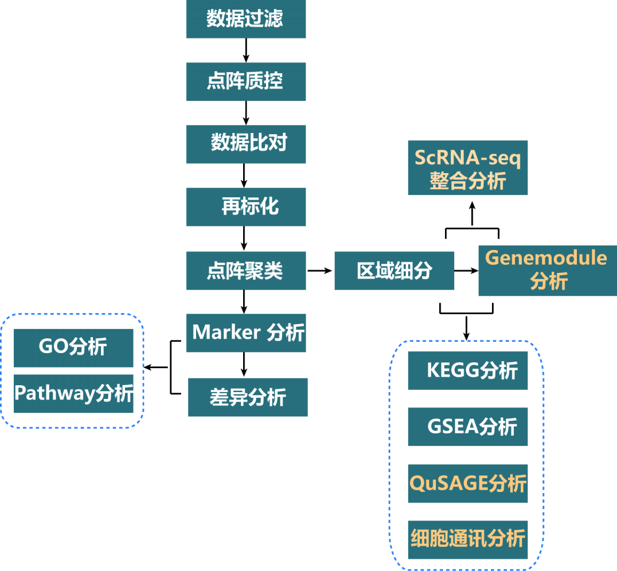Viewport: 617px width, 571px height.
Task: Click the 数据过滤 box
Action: pos(245,19)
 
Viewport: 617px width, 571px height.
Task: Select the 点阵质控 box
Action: pos(245,81)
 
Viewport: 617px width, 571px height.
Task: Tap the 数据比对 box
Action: pos(245,143)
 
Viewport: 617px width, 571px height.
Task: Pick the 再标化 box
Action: pos(245,206)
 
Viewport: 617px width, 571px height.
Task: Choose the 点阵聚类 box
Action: pos(245,270)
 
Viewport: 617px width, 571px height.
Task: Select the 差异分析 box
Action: pos(248,397)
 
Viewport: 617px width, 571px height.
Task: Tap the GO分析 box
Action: pos(73,347)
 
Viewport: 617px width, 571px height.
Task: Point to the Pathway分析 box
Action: pos(73,393)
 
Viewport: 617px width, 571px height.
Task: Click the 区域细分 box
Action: pos(394,270)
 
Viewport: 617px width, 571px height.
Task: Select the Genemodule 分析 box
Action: pos(548,270)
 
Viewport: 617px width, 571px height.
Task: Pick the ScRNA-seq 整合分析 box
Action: pos(467,167)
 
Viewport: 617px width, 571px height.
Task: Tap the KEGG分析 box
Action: pos(467,370)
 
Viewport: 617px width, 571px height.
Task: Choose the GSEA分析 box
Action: pos(467,427)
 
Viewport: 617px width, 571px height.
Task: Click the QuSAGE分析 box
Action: pos(467,483)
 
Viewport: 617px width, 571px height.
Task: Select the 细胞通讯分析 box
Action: pos(467,539)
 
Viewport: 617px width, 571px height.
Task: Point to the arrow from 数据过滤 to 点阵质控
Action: pos(246,50)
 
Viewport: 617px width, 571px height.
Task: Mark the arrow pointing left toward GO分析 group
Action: pos(156,367)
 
